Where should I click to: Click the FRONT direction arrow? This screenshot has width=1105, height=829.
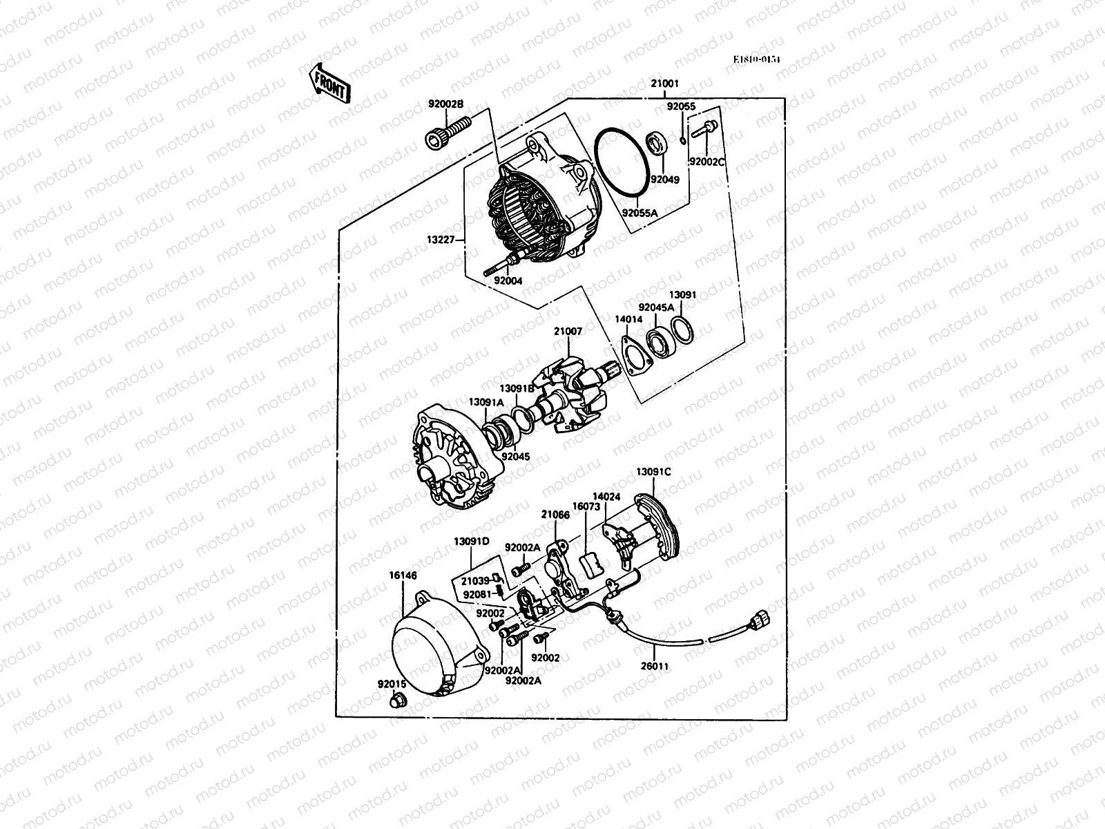point(329,82)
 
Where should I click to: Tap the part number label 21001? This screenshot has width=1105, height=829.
point(664,84)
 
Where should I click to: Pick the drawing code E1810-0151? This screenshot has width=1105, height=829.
point(757,59)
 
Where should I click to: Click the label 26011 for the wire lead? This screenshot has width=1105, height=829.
point(655,667)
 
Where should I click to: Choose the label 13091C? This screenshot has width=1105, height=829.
point(653,473)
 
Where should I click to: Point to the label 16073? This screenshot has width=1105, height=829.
point(586,506)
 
